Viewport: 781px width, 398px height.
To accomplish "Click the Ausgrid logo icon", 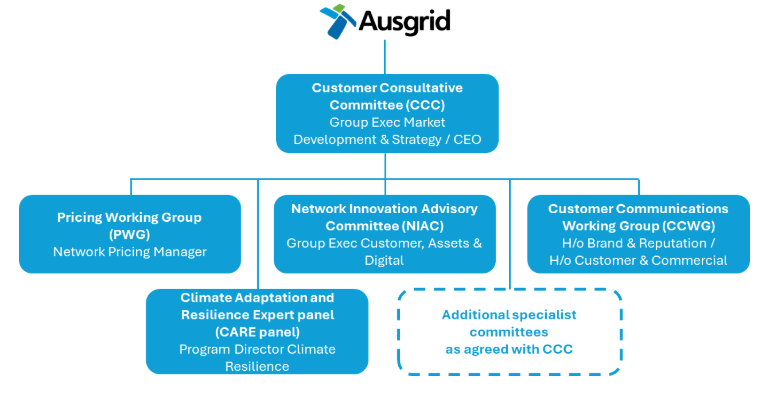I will tap(339, 22).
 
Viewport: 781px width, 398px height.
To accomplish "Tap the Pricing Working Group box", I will tap(130, 234).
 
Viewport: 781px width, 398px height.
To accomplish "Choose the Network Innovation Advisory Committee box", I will tap(384, 234).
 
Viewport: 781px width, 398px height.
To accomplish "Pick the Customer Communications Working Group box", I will tap(638, 234).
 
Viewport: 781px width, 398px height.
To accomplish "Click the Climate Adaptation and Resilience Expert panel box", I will tap(257, 331).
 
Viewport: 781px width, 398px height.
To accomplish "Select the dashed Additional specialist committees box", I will tap(510, 332).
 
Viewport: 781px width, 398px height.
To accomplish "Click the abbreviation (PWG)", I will tap(130, 234).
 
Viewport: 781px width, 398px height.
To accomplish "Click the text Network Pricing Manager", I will tap(130, 252).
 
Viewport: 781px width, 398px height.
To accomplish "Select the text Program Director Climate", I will tap(257, 349).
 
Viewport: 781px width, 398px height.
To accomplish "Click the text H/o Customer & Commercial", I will tap(638, 261).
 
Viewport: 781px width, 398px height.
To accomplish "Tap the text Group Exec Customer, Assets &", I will tap(384, 243).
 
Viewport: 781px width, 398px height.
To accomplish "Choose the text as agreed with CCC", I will tap(510, 350).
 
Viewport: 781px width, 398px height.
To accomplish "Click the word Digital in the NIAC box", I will tap(384, 261).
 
